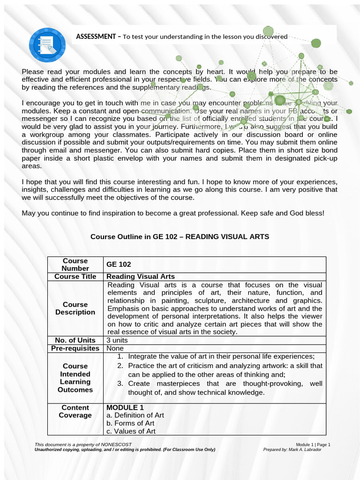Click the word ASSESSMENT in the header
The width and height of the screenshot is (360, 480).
97,37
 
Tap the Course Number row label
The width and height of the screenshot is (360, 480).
75,264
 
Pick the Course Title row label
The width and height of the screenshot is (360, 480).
75,277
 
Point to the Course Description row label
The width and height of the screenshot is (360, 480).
75,308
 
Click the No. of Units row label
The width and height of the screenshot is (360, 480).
75,340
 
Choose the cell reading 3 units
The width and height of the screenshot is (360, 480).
117,340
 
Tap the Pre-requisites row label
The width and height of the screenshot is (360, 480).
75,348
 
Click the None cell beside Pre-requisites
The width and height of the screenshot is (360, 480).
115,348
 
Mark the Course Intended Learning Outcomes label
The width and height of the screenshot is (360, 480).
75,378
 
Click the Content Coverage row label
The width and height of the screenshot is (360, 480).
75,412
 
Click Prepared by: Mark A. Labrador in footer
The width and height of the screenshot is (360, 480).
292,450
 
